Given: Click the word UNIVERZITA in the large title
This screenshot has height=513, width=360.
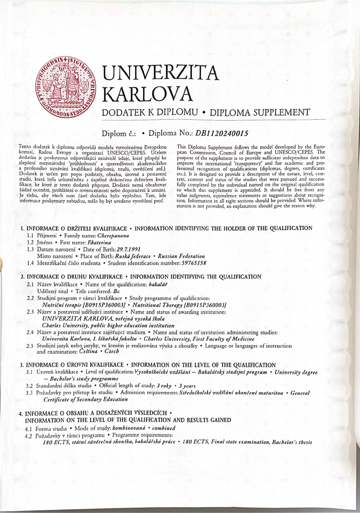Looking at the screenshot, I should [160, 74].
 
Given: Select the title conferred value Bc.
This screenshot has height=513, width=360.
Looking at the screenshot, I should [118, 291].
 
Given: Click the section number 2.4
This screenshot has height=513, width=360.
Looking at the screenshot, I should [30, 332].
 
